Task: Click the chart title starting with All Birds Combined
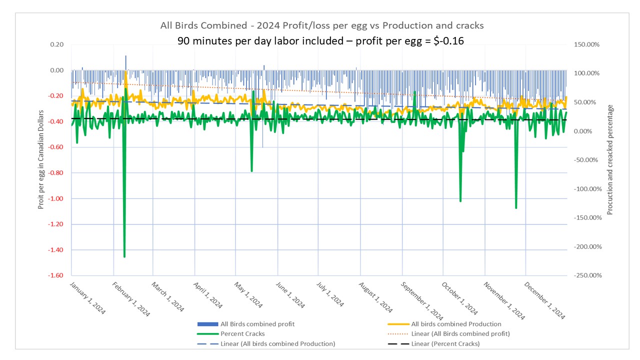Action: coord(321,25)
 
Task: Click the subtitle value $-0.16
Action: coord(447,41)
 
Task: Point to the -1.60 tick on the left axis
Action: coord(55,275)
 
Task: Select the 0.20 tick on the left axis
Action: coord(56,44)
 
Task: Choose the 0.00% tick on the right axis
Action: coord(583,131)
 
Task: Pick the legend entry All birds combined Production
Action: coord(455,324)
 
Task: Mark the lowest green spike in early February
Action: coord(124,256)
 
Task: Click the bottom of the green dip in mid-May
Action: coord(252,171)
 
